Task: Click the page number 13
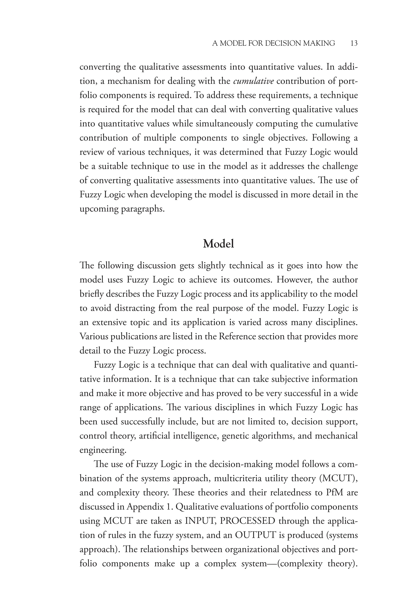(x=354, y=43)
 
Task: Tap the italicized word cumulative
(x=253, y=81)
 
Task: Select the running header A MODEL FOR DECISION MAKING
(x=273, y=43)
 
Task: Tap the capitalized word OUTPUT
(x=255, y=535)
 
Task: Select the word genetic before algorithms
(x=234, y=436)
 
